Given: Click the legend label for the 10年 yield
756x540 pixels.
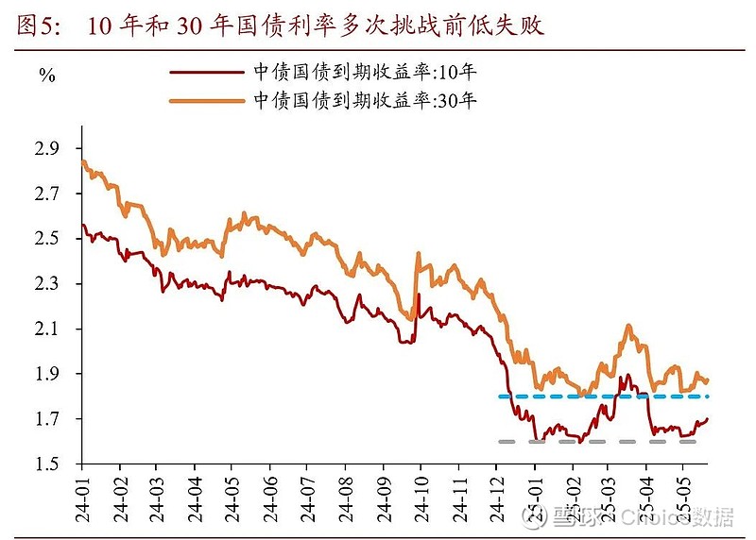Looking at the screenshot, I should coord(360,72).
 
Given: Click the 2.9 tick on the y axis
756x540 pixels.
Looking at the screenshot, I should coord(47,149).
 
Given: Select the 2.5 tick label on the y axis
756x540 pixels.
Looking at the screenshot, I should coord(47,239).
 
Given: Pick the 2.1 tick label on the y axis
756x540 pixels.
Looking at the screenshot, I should coord(47,329).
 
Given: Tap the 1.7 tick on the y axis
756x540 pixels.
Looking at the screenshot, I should coord(47,419).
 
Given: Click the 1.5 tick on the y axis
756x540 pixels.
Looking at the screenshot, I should coord(47,464).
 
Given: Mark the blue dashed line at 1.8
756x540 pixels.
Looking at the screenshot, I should coord(605,397).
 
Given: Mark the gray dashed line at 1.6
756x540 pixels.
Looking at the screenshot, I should coord(595,441).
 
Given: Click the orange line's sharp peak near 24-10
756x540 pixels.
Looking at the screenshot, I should coord(418,253).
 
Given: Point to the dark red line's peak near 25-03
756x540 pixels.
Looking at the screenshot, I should coord(625,375).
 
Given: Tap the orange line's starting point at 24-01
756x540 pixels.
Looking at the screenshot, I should coord(83,161).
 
